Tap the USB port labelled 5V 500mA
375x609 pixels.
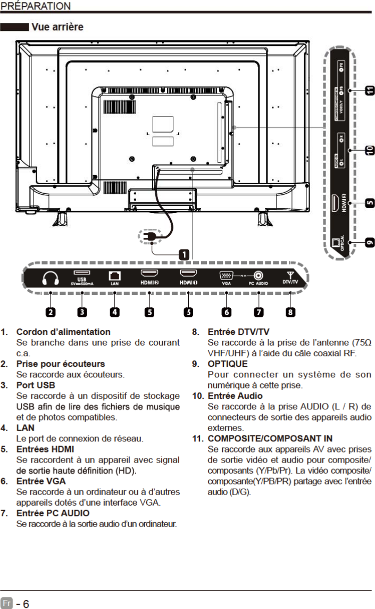click(81, 273)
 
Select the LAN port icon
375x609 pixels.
click(114, 275)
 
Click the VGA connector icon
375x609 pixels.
click(226, 275)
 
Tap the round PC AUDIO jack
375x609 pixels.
click(259, 275)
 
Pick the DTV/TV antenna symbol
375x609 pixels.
click(290, 275)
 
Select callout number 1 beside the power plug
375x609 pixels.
click(184, 254)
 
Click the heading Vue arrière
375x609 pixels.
click(57, 27)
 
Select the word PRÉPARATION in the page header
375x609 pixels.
click(36, 6)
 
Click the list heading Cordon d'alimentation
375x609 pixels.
click(63, 332)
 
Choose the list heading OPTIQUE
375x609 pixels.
click(227, 364)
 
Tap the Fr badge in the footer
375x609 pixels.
click(6, 604)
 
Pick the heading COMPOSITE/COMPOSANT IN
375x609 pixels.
click(270, 439)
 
